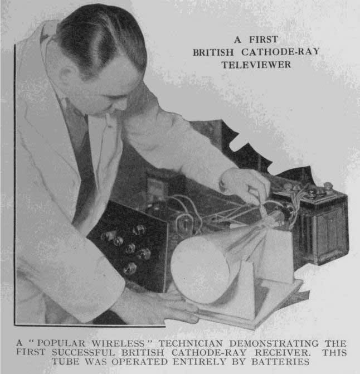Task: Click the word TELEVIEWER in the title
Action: click(x=256, y=65)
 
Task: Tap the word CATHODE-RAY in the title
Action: click(x=280, y=52)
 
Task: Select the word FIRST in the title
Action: click(x=264, y=40)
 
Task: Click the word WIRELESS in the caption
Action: click(x=118, y=343)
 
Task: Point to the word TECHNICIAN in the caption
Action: click(x=191, y=343)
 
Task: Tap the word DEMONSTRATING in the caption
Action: click(x=274, y=343)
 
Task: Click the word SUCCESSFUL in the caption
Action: click(x=83, y=352)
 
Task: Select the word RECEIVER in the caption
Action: click(x=283, y=352)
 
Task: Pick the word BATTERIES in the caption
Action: click(x=280, y=362)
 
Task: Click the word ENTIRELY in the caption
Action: click(x=199, y=362)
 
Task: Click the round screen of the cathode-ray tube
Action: click(x=200, y=270)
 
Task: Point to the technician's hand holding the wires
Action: click(x=246, y=183)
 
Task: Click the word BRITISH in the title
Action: click(x=213, y=52)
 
